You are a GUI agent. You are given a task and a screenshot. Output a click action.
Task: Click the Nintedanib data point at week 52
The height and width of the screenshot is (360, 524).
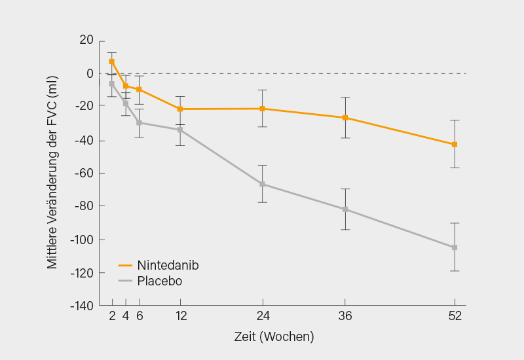pyautogui.click(x=455, y=144)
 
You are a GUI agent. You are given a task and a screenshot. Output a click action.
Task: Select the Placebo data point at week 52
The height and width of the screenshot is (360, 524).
pyautogui.click(x=455, y=247)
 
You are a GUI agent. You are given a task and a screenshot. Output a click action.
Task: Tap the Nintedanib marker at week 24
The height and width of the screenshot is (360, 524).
pyautogui.click(x=262, y=109)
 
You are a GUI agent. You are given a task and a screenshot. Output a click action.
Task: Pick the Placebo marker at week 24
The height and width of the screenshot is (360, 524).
pyautogui.click(x=262, y=184)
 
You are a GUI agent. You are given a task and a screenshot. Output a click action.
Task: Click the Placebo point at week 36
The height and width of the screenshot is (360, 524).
pyautogui.click(x=345, y=209)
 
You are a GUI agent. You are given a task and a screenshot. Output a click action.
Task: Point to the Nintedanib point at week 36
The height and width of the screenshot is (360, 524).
pyautogui.click(x=345, y=118)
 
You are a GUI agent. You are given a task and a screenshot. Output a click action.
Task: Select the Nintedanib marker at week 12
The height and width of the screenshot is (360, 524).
pyautogui.click(x=180, y=109)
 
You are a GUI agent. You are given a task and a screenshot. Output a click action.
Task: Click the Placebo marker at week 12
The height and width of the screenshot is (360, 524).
pyautogui.click(x=180, y=130)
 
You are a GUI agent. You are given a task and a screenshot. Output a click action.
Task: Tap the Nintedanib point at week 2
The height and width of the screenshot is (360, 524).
pyautogui.click(x=112, y=62)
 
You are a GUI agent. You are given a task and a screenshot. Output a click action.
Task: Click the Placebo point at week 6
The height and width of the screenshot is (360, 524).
pyautogui.click(x=139, y=122)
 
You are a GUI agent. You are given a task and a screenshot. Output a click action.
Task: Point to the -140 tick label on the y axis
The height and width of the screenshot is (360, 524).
pyautogui.click(x=82, y=306)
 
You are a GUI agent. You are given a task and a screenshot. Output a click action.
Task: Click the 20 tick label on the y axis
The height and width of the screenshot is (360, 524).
pyautogui.click(x=86, y=40)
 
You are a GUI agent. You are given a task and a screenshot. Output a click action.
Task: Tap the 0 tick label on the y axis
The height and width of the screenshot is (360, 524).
pyautogui.click(x=90, y=73)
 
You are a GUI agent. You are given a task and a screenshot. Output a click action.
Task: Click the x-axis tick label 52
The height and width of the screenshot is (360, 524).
pyautogui.click(x=455, y=316)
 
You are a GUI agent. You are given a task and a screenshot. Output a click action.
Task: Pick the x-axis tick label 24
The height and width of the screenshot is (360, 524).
pyautogui.click(x=262, y=316)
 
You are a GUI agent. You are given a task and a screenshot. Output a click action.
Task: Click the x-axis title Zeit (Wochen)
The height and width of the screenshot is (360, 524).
pyautogui.click(x=274, y=337)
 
